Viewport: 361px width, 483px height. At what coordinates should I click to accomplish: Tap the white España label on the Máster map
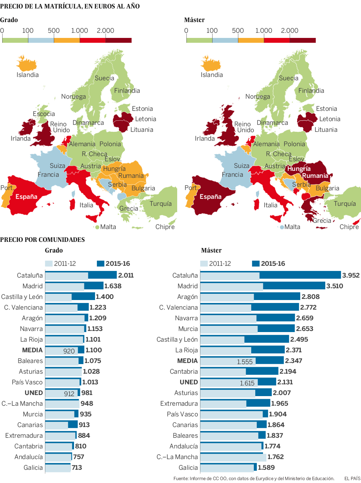(210, 197)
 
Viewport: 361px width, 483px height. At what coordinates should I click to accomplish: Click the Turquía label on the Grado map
(161, 204)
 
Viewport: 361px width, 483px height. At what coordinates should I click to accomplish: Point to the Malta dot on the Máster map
(282, 227)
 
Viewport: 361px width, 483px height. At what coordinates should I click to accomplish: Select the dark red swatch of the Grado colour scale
(118, 40)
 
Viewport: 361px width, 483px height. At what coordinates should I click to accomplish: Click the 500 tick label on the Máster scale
(238, 31)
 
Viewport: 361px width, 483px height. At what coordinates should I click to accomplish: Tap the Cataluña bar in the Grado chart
(81, 275)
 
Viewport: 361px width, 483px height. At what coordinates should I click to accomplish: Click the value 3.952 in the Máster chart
(351, 275)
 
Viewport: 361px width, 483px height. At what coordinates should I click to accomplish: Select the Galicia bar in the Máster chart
(228, 468)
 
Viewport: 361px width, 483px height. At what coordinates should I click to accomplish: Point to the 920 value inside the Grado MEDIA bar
(69, 351)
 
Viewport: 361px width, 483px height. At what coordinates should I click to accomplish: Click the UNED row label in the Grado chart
(34, 393)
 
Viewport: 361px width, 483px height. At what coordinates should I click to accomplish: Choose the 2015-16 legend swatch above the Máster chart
(256, 264)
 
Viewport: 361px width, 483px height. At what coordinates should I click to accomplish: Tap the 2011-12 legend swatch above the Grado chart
(49, 264)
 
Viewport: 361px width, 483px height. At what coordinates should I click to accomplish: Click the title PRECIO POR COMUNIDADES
(42, 240)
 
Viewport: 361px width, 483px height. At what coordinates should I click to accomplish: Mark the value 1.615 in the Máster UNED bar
(247, 383)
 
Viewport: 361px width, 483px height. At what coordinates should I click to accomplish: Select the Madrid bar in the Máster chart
(263, 286)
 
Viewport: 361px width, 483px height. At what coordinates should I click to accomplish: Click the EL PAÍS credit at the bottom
(352, 479)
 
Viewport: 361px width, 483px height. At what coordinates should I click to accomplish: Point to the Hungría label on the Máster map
(299, 169)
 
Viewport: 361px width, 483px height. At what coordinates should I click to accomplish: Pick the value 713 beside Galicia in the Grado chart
(77, 468)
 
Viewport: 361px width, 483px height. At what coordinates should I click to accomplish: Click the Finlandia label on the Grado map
(127, 91)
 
